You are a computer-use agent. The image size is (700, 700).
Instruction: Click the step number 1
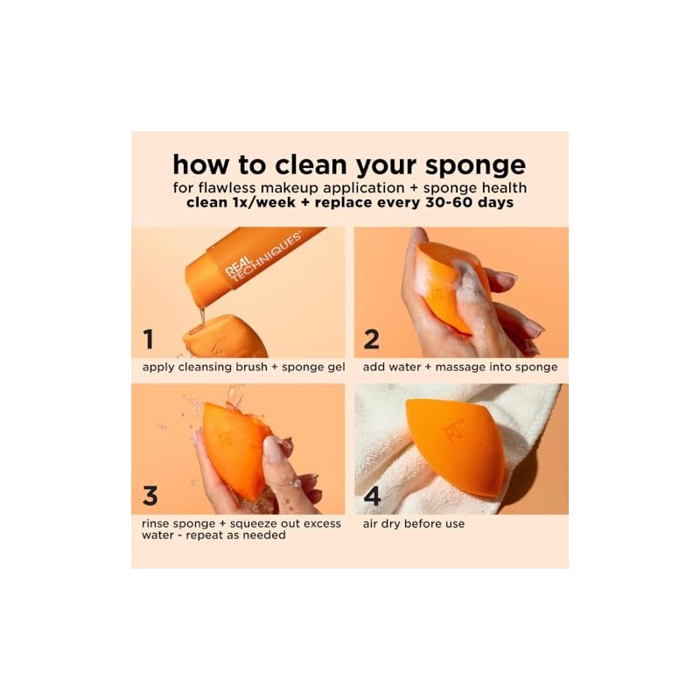pos(149,339)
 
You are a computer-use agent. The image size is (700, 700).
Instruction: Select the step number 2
pos(372,339)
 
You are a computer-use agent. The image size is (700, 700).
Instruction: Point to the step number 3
pos(150,495)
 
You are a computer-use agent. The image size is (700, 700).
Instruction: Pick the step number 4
pos(372,495)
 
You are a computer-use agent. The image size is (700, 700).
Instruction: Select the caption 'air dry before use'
pos(414,523)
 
